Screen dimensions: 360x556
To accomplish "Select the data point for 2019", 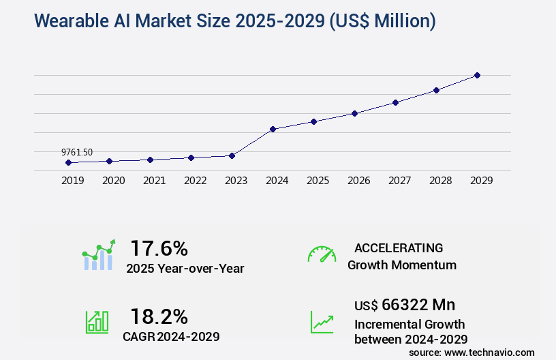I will [68, 162].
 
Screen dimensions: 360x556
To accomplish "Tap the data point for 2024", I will [273, 129].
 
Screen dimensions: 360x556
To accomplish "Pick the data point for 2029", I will [477, 75].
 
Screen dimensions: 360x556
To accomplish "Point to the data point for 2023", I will [232, 155].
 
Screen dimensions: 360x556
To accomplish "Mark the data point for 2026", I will [354, 113].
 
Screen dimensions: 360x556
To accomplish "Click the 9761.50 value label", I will [77, 152].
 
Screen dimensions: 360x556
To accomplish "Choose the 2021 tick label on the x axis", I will [154, 181].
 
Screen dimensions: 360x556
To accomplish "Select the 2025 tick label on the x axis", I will [318, 181].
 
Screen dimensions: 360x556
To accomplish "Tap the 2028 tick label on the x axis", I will [440, 181].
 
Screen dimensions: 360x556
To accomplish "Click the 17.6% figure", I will [159, 247].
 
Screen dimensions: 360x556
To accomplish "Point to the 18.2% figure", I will [159, 316].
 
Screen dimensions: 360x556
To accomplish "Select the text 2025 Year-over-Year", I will [185, 268].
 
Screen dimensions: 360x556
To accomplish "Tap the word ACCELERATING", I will [399, 247].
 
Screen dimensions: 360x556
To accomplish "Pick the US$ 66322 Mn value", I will [405, 304].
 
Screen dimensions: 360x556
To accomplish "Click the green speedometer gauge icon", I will [322, 254].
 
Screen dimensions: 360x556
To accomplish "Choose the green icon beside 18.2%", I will [97, 321].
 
